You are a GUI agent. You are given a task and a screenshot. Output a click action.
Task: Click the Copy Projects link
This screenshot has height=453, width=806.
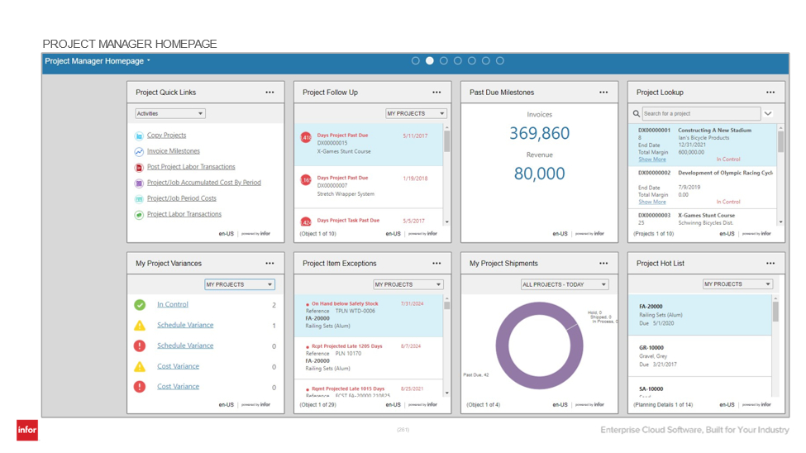point(166,136)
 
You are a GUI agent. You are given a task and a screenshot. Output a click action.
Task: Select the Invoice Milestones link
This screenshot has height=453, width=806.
point(173,151)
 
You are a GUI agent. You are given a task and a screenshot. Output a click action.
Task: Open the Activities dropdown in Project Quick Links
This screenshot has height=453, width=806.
point(170,114)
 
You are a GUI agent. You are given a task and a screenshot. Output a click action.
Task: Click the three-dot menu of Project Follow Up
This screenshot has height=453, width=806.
point(436,93)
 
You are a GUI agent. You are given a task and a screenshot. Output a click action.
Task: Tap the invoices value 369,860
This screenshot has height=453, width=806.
point(539,134)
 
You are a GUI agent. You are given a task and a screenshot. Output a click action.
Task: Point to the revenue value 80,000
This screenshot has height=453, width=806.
point(539,174)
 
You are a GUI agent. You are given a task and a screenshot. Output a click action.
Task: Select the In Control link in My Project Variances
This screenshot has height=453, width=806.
point(172,305)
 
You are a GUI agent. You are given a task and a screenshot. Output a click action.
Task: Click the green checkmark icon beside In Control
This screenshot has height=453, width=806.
point(140,305)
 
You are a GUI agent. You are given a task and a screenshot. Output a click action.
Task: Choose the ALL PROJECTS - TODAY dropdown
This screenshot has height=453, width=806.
point(564,284)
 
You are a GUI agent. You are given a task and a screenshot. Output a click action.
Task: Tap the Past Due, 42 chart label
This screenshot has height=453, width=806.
point(475,374)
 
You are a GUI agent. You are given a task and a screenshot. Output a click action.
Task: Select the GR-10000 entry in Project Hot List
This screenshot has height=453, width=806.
point(651,348)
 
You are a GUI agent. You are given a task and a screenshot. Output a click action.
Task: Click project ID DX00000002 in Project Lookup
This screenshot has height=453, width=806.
point(654,174)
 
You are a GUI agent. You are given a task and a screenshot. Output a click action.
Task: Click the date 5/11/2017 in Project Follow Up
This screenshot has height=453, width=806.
point(415,136)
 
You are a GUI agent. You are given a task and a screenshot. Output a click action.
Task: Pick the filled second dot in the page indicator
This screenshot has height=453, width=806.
point(430,61)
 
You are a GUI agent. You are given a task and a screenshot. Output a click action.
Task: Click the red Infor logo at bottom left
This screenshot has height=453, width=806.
point(27,430)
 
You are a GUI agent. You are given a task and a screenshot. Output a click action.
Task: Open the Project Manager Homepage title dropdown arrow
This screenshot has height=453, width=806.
point(149,61)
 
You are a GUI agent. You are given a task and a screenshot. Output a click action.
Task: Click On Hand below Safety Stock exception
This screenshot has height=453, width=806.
point(345,304)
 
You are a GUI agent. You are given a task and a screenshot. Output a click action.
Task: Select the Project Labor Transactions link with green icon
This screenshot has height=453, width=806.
point(184,214)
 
